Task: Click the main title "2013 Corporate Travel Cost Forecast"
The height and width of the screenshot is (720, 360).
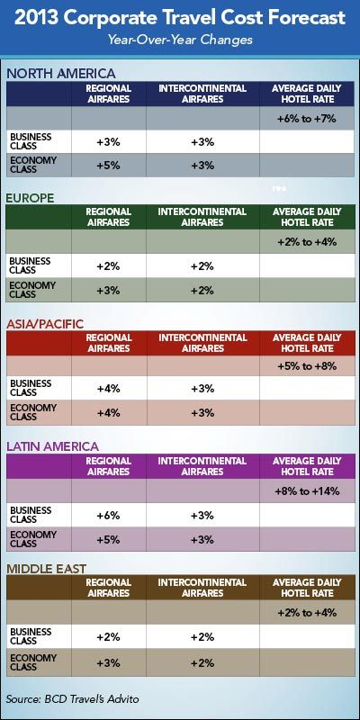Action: click(180, 18)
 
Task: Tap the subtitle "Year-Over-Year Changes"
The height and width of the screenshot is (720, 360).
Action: click(180, 40)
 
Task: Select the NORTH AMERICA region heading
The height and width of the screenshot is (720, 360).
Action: click(60, 74)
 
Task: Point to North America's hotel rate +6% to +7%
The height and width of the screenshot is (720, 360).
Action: click(307, 119)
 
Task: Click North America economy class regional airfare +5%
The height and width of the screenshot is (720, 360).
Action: click(108, 166)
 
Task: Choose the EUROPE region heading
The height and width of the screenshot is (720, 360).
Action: click(30, 198)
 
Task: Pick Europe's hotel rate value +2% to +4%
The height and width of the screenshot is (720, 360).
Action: click(307, 242)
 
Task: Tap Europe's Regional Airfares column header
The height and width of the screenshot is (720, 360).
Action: click(108, 217)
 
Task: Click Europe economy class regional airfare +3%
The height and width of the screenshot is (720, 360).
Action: click(108, 290)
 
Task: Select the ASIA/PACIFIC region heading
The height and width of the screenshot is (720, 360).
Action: click(45, 324)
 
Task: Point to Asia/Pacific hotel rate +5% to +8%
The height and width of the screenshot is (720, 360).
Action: click(307, 366)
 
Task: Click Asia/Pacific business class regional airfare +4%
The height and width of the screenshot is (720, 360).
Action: click(108, 389)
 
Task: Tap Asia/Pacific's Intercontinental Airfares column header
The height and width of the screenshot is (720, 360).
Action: click(202, 343)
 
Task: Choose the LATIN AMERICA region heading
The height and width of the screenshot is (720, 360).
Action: click(52, 446)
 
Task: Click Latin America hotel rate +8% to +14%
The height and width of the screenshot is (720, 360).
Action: click(307, 491)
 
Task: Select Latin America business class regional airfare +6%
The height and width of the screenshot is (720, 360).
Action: click(108, 516)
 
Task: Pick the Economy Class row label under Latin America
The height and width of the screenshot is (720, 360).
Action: click(33, 539)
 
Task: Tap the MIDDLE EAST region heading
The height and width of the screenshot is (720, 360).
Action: click(46, 569)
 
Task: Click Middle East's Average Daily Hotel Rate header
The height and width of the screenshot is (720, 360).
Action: click(307, 588)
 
